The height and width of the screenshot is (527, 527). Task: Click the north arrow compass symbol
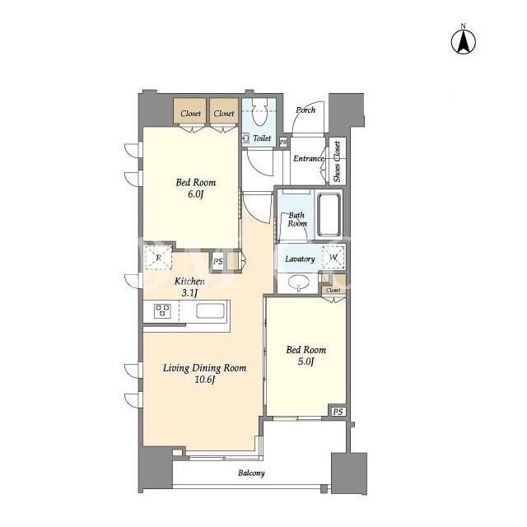point(463,40)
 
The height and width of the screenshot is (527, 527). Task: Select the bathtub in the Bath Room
point(329,214)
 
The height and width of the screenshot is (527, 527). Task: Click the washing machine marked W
point(333,258)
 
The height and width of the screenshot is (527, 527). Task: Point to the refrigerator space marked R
point(158,258)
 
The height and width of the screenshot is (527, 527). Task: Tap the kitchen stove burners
point(162,310)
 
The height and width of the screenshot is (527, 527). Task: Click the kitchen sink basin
point(210,310)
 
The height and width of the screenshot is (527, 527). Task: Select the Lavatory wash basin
point(298,282)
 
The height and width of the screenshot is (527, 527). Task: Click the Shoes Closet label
point(337,161)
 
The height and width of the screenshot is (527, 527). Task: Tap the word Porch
point(305,110)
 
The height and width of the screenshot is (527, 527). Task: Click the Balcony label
point(251,473)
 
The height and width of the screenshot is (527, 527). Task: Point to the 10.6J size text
point(205,380)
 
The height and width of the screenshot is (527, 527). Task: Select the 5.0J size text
point(305,361)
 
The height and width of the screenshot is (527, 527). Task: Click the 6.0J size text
point(196,194)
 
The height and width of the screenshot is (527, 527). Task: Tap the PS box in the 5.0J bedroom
point(338,412)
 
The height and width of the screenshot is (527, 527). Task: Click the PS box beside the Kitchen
point(218,261)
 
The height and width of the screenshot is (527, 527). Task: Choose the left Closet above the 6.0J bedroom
point(190,111)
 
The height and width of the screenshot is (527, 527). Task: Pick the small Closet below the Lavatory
point(333,290)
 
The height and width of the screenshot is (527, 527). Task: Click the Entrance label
point(309,158)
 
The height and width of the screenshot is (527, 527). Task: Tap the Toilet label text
point(262,138)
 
